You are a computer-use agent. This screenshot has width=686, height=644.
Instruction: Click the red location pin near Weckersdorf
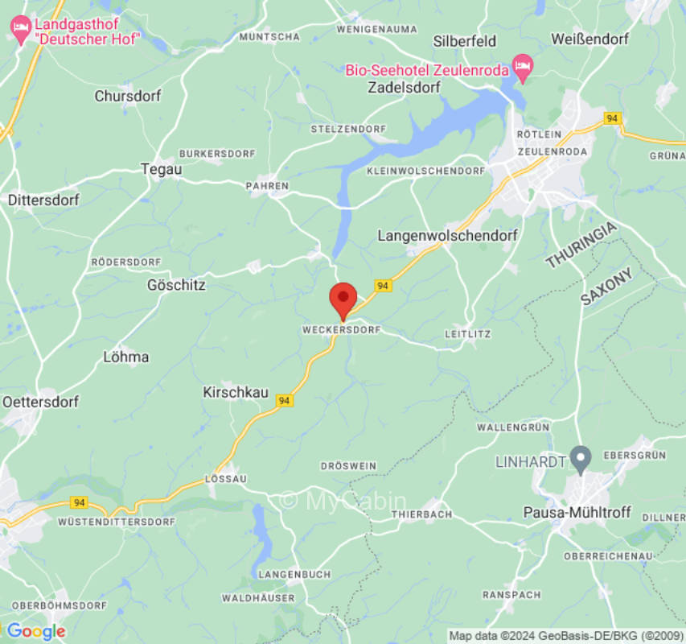tap(343, 299)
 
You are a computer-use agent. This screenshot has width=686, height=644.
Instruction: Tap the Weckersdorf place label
tap(340, 331)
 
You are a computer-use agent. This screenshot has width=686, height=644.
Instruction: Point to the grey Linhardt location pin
tap(581, 457)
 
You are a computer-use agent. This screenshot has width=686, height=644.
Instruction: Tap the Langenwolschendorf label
tap(447, 235)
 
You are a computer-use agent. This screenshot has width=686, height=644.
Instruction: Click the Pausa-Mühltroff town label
tap(577, 512)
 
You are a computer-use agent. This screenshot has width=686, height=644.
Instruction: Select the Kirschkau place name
tap(234, 392)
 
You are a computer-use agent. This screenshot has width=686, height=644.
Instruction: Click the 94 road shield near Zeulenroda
tap(613, 118)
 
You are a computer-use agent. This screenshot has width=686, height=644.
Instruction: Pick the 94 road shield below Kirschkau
tap(283, 400)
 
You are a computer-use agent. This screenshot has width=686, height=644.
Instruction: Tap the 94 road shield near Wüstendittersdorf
tap(78, 502)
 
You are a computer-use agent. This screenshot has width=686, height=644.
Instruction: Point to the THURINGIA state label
tap(581, 246)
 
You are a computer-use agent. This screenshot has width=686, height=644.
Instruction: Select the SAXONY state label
tap(607, 286)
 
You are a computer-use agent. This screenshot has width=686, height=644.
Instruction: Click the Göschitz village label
tap(176, 285)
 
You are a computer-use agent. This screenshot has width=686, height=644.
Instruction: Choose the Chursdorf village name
tap(127, 96)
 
